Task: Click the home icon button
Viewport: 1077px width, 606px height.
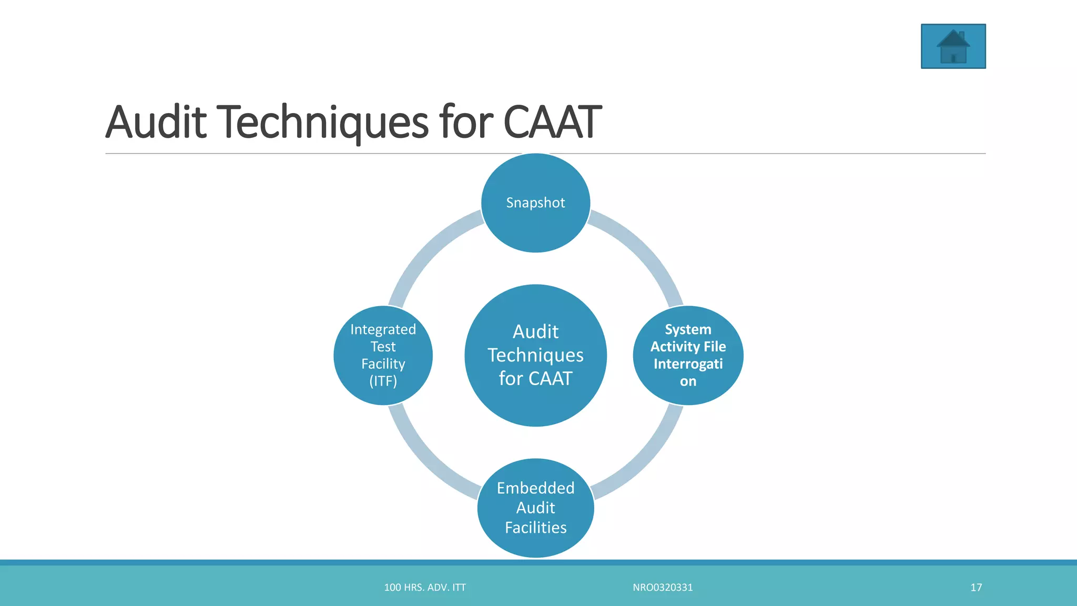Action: pyautogui.click(x=953, y=46)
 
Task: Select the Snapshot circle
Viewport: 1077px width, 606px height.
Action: pyautogui.click(x=535, y=203)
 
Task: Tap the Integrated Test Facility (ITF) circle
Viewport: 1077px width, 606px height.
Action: pyautogui.click(x=383, y=355)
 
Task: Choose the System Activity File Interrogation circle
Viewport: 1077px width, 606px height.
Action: pyautogui.click(x=688, y=355)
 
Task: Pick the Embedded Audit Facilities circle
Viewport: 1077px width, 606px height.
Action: pyautogui.click(x=535, y=508)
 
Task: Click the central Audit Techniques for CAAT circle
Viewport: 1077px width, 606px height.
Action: pyautogui.click(x=535, y=355)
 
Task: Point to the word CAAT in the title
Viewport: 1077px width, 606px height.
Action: pyautogui.click(x=552, y=122)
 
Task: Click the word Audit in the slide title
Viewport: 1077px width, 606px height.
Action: pyautogui.click(x=156, y=122)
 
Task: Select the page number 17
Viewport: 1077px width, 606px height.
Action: pyautogui.click(x=976, y=588)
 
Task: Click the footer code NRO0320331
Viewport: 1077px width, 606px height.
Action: pyautogui.click(x=663, y=588)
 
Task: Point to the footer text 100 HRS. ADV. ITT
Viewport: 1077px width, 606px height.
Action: pyautogui.click(x=425, y=588)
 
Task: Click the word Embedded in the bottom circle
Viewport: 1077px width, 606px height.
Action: pyautogui.click(x=535, y=488)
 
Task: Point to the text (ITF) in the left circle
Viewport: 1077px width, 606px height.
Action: pyautogui.click(x=383, y=381)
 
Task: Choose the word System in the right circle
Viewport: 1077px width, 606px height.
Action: pyautogui.click(x=688, y=329)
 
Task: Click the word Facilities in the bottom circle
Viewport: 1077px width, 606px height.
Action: pyautogui.click(x=535, y=528)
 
